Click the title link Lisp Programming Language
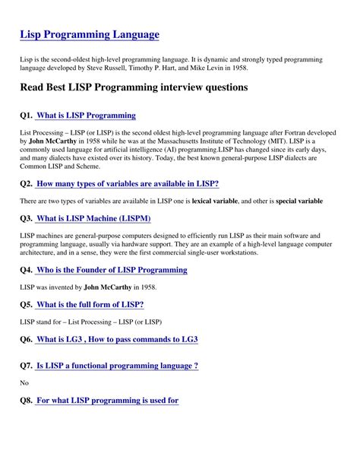coord(90,34)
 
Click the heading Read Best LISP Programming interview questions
coord(134,87)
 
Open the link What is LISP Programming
coord(86,116)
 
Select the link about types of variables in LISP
coord(128,184)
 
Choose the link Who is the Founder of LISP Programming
coord(111,270)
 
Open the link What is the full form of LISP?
coord(90,304)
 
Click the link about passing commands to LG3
coord(117,339)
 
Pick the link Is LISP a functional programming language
coord(117,366)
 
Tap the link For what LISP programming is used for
coord(107,400)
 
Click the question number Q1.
coord(27,116)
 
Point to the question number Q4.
coord(27,270)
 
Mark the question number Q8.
coord(27,400)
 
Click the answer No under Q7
coord(24,382)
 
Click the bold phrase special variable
coord(298,201)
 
